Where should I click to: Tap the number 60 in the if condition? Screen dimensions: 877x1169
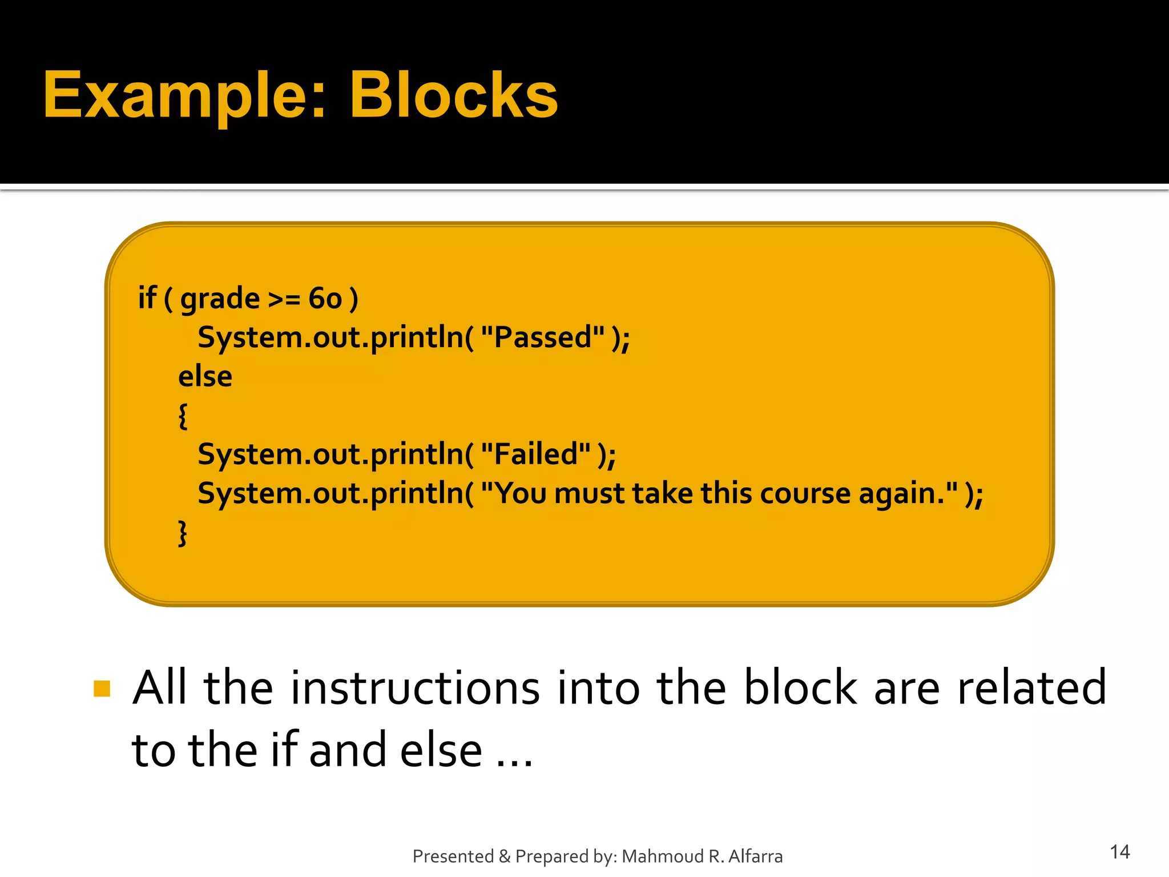click(x=325, y=299)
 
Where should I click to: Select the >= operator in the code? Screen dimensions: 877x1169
click(x=284, y=299)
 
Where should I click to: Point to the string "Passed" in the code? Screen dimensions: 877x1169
click(x=542, y=337)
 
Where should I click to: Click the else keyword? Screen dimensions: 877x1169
click(x=205, y=377)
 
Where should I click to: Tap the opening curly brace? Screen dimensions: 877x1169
click(x=183, y=416)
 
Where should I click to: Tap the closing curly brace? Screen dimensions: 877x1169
click(x=183, y=533)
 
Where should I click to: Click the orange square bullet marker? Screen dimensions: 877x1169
click(x=102, y=689)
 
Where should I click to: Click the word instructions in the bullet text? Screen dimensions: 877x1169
click(x=415, y=689)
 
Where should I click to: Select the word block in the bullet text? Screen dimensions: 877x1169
click(x=800, y=689)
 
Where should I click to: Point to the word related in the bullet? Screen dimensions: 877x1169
click(x=1031, y=689)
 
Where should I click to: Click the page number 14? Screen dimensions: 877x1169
click(x=1119, y=852)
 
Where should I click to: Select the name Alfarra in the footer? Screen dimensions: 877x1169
click(x=755, y=856)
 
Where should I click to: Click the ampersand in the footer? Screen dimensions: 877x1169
click(x=504, y=856)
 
